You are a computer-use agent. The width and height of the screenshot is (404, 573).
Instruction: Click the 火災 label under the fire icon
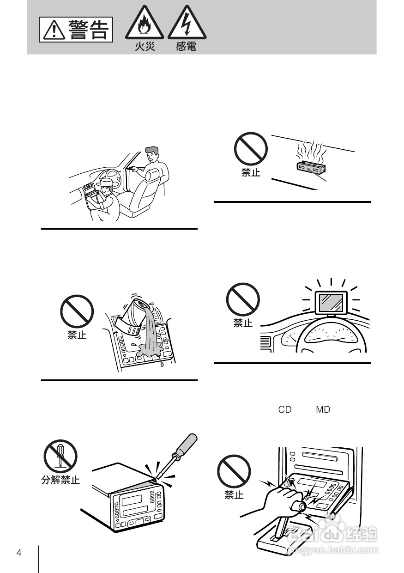(x=145, y=47)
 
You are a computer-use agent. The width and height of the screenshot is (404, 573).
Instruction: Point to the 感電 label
(x=186, y=47)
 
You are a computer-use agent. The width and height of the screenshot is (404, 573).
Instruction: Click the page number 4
(x=18, y=553)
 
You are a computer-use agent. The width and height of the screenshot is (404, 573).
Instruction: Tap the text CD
(x=285, y=409)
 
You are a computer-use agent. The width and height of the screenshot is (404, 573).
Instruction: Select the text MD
(x=323, y=409)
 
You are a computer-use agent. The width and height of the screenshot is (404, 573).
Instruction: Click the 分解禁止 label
(x=60, y=480)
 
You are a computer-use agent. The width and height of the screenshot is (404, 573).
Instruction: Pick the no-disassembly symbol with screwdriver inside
(x=60, y=456)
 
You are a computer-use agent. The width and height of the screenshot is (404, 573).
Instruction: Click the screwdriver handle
(x=185, y=446)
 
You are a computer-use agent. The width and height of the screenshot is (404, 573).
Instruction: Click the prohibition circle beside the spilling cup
(x=77, y=311)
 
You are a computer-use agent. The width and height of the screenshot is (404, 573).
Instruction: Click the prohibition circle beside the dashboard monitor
(x=243, y=299)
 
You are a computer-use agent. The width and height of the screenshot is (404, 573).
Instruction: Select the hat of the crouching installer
(x=106, y=183)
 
